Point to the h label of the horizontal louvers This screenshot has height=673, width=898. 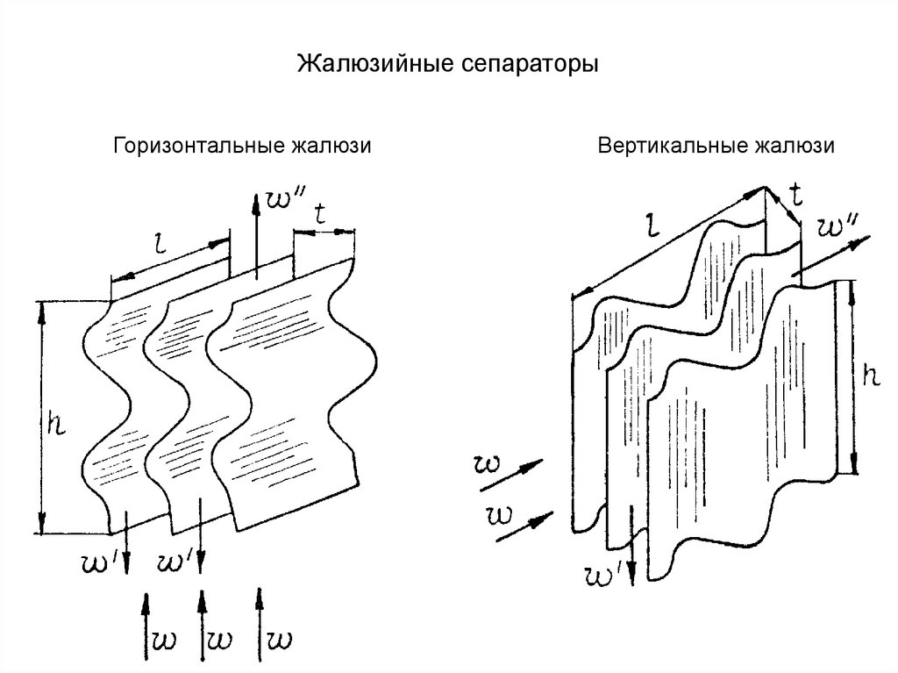(x=54, y=423)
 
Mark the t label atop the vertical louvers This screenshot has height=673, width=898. (x=795, y=195)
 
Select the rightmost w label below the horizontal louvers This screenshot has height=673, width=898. (x=282, y=636)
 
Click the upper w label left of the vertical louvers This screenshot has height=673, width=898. (x=488, y=462)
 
